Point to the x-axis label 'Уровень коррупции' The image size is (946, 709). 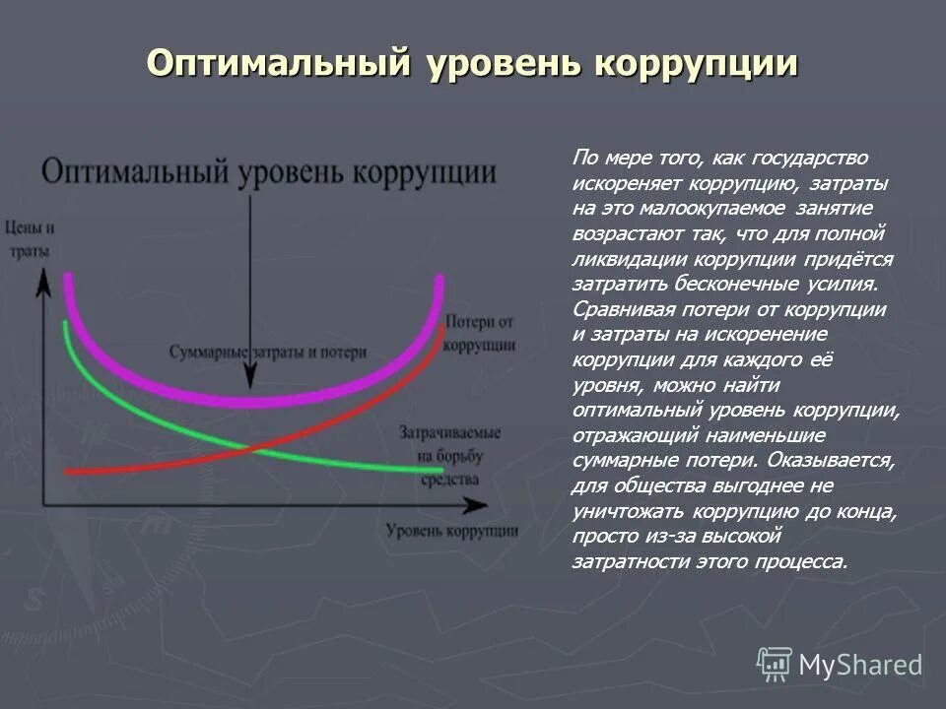452,531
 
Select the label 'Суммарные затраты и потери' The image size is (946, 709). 267,352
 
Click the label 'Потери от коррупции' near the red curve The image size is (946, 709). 480,334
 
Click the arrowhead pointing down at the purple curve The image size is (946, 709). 250,378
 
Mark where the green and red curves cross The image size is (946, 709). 247,449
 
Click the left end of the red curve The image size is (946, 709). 67,473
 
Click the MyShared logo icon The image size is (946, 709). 775,665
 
